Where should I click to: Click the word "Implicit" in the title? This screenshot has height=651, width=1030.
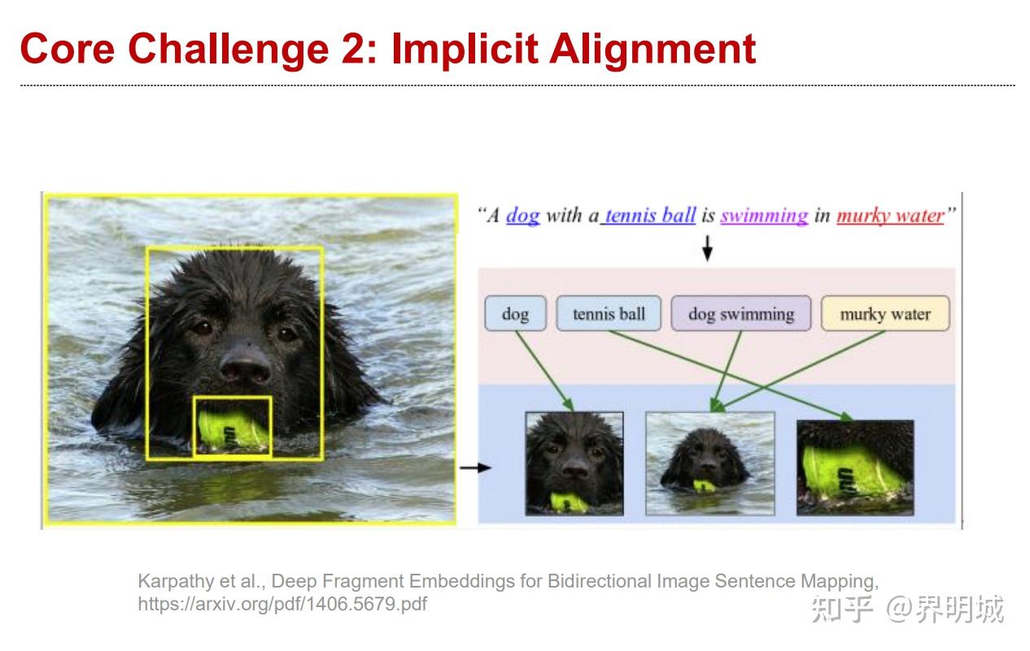[x=465, y=50]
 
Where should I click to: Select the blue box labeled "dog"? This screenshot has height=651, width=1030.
[x=516, y=314]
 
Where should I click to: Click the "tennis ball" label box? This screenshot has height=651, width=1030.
[x=609, y=314]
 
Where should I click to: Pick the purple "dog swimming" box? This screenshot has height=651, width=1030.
[x=741, y=314]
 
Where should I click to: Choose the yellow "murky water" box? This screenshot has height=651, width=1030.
[x=885, y=314]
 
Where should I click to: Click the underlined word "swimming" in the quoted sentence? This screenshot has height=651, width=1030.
[x=764, y=216]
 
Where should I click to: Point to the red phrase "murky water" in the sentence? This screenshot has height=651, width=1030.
[x=891, y=216]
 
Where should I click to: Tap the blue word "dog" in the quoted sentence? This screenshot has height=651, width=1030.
[x=523, y=216]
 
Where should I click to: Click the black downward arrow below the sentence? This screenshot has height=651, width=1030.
[x=707, y=248]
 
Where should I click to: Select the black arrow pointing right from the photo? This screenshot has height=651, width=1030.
[x=475, y=468]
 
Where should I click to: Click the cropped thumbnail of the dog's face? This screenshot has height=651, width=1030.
[x=574, y=463]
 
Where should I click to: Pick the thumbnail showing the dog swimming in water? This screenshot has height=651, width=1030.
[x=710, y=463]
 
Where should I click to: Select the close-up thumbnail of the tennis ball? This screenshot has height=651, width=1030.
[x=855, y=467]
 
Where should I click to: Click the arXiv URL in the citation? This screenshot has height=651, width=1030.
[x=282, y=604]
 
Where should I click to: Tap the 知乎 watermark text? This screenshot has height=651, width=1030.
[x=841, y=609]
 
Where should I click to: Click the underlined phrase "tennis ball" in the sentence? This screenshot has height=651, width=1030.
[x=650, y=216]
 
